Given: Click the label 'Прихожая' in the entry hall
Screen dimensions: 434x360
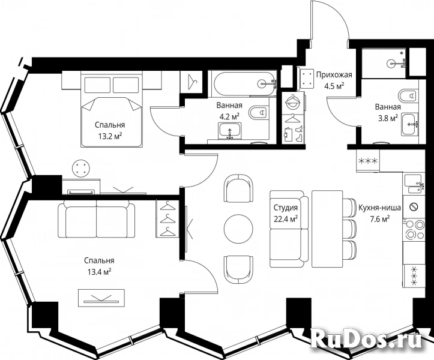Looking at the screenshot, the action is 334,75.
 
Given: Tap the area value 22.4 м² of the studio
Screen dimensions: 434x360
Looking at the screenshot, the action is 286,219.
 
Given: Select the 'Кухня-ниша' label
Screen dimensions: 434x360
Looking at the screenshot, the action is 380,208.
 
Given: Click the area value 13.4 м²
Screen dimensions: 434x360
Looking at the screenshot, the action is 100,272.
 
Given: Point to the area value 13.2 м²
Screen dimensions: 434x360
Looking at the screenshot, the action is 110,136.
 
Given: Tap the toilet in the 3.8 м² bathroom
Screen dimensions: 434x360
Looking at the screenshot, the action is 408,96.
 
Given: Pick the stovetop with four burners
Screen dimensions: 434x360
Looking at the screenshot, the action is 414,229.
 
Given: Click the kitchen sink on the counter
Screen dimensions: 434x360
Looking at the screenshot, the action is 414,184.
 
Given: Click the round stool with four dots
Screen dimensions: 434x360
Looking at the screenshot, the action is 81,168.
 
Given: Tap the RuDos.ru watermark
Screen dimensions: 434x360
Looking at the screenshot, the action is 367,338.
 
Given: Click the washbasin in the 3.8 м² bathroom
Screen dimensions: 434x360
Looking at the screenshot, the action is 410,125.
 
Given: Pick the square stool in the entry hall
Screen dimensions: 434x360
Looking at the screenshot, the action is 306,79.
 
